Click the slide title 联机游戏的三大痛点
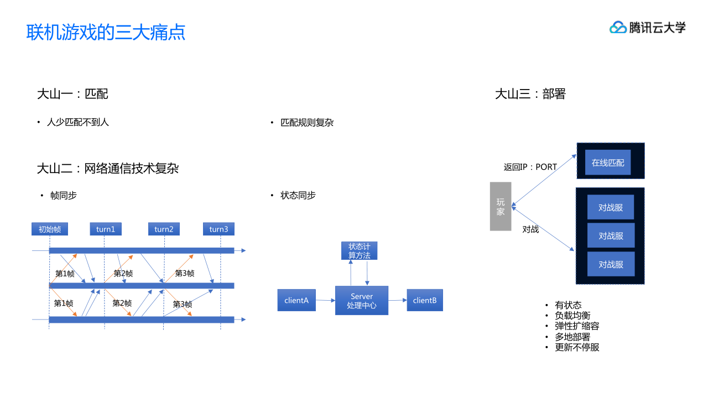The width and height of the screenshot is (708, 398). coord(106,32)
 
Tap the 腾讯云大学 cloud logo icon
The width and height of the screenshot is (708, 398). coord(618,27)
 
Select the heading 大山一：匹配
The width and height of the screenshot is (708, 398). coord(72,94)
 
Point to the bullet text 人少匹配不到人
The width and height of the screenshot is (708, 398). coord(78,122)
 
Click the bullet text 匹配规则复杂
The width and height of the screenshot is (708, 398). coord(307,122)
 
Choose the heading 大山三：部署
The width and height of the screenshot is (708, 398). coord(530,94)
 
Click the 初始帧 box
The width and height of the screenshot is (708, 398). coord(49,229)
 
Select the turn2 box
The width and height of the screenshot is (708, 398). coord(164,229)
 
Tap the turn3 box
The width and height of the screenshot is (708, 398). coord(218,229)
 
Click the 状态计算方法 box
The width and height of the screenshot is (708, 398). coord(359,250)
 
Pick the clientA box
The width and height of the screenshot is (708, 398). coord(296,300)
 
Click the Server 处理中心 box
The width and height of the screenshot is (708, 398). coord(362,301)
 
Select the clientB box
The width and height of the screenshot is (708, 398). coord(425,300)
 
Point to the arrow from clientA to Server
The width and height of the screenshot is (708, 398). coord(325,300)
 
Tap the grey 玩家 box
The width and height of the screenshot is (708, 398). coord(501,206)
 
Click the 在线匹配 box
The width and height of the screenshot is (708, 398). coord(608,163)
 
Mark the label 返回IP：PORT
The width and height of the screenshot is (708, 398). coord(530,167)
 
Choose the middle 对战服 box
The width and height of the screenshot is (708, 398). coord(611,235)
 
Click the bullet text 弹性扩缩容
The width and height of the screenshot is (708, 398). coord(577,326)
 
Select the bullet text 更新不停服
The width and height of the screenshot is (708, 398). coord(577,347)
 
